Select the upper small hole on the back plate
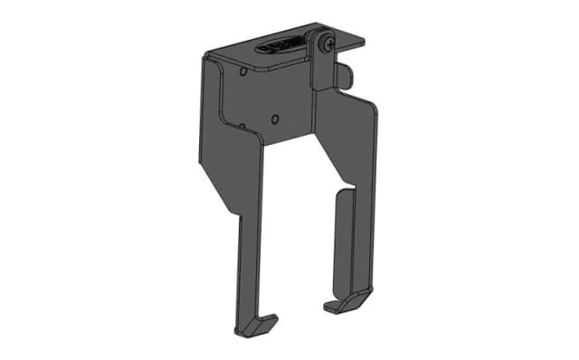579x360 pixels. click(245, 71)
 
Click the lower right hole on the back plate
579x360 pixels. click(276, 117)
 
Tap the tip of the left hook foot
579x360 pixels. click(273, 317)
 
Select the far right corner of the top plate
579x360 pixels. click(363, 41)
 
